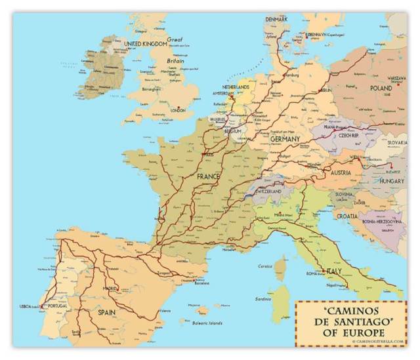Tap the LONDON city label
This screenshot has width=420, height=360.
click(178, 111)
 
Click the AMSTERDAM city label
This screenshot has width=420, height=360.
click(223, 93)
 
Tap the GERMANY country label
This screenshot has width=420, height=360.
click(285, 139)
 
